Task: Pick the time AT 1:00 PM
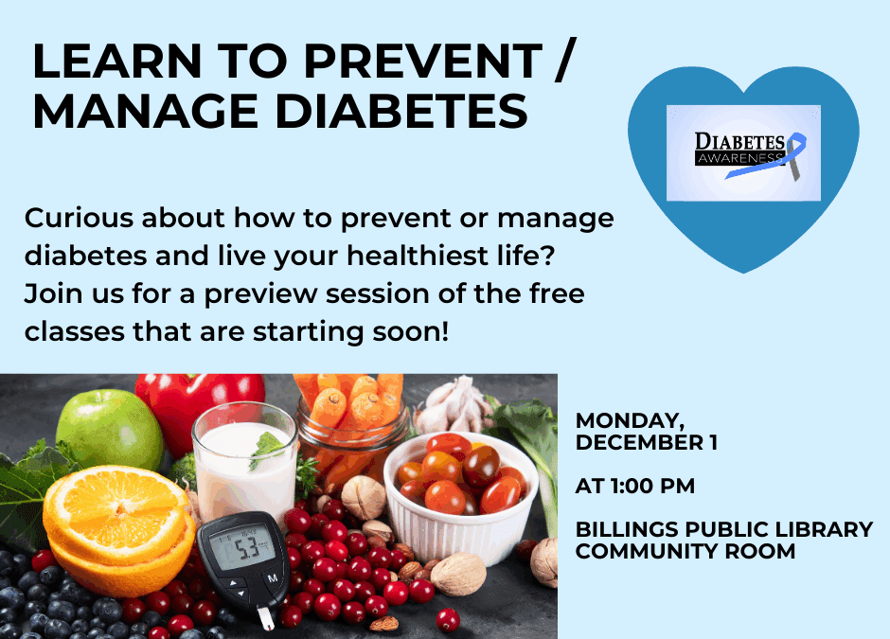634,487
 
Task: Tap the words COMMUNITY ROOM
685,551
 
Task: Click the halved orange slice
117,516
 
